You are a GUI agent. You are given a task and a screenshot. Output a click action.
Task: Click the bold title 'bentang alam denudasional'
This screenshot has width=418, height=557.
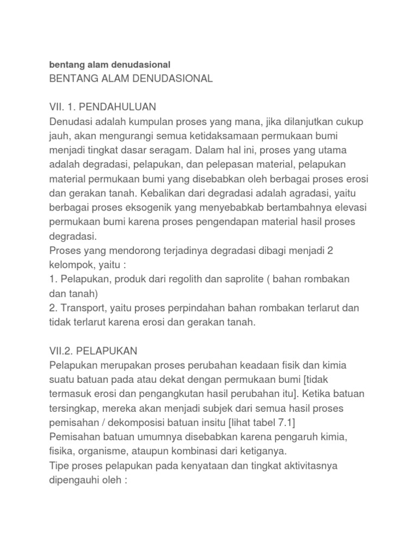tap(110, 64)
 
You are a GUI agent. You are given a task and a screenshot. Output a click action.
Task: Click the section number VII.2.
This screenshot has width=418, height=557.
tap(62, 351)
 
